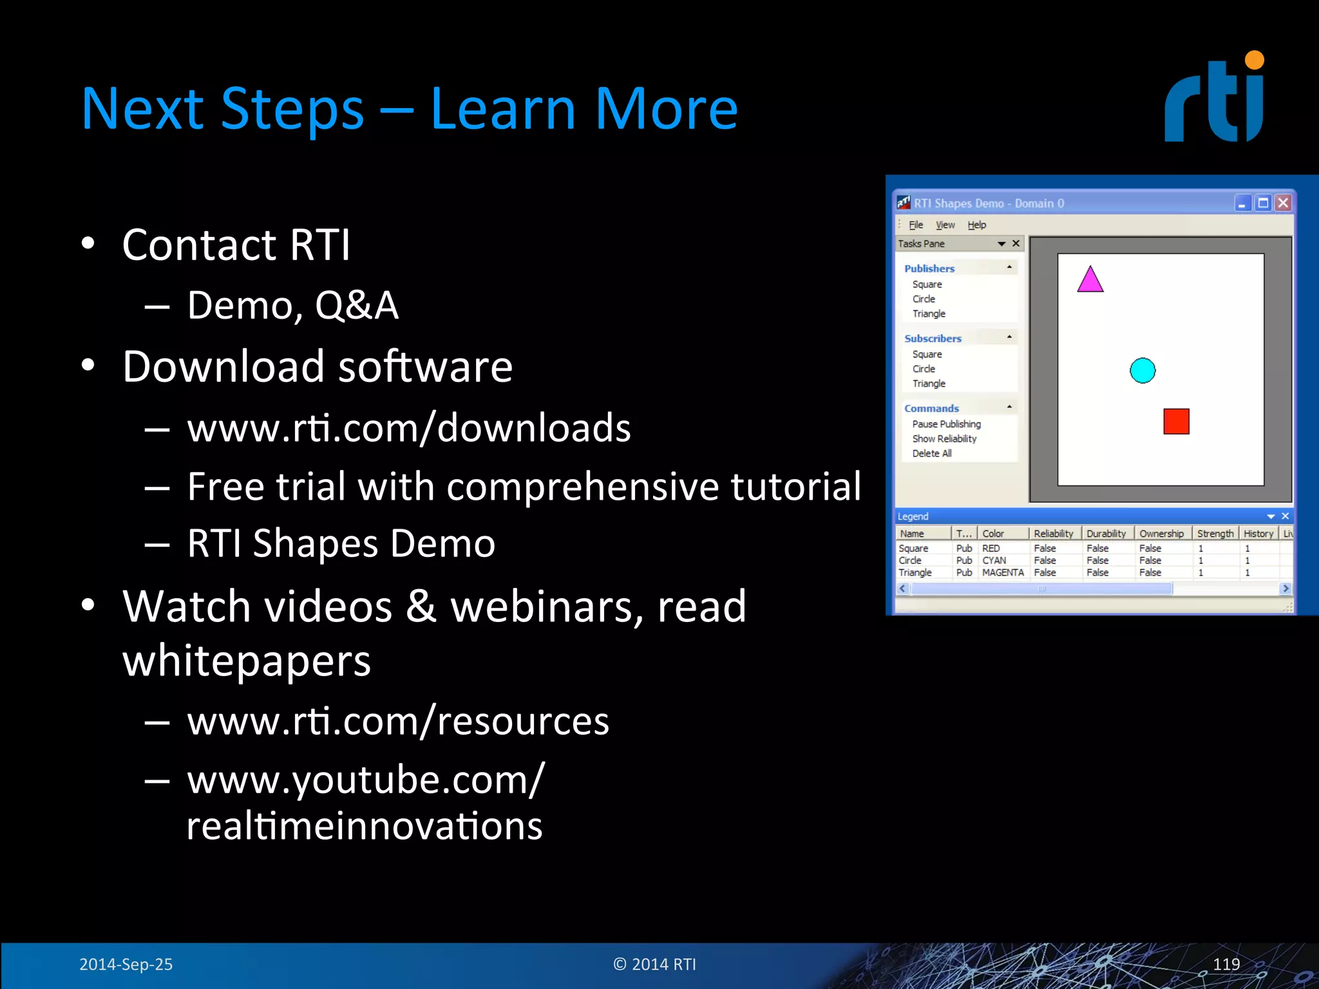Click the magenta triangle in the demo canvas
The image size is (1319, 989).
pyautogui.click(x=1090, y=281)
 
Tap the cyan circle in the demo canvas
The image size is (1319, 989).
pyautogui.click(x=1143, y=370)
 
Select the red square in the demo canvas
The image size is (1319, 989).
pyautogui.click(x=1176, y=422)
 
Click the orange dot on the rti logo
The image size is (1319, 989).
pyautogui.click(x=1254, y=60)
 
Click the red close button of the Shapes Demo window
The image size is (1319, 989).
pyautogui.click(x=1283, y=203)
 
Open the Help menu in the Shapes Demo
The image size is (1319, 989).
pyautogui.click(x=976, y=225)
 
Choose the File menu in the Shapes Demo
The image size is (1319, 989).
pyautogui.click(x=916, y=225)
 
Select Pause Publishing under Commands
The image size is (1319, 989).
pyautogui.click(x=946, y=424)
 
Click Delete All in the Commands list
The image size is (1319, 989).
pyautogui.click(x=931, y=453)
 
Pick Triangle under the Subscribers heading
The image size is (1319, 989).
pyautogui.click(x=929, y=384)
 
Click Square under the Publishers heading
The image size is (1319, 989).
pyautogui.click(x=927, y=285)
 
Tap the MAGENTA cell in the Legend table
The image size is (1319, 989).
pyautogui.click(x=1003, y=572)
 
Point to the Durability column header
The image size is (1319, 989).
pyautogui.click(x=1106, y=534)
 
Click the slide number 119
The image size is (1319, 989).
pyautogui.click(x=1226, y=964)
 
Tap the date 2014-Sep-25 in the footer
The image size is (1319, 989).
pyautogui.click(x=126, y=964)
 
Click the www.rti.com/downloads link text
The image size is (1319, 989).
pyautogui.click(x=409, y=428)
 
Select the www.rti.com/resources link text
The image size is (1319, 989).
pyautogui.click(x=398, y=721)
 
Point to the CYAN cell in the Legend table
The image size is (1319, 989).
pyautogui.click(x=994, y=560)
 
